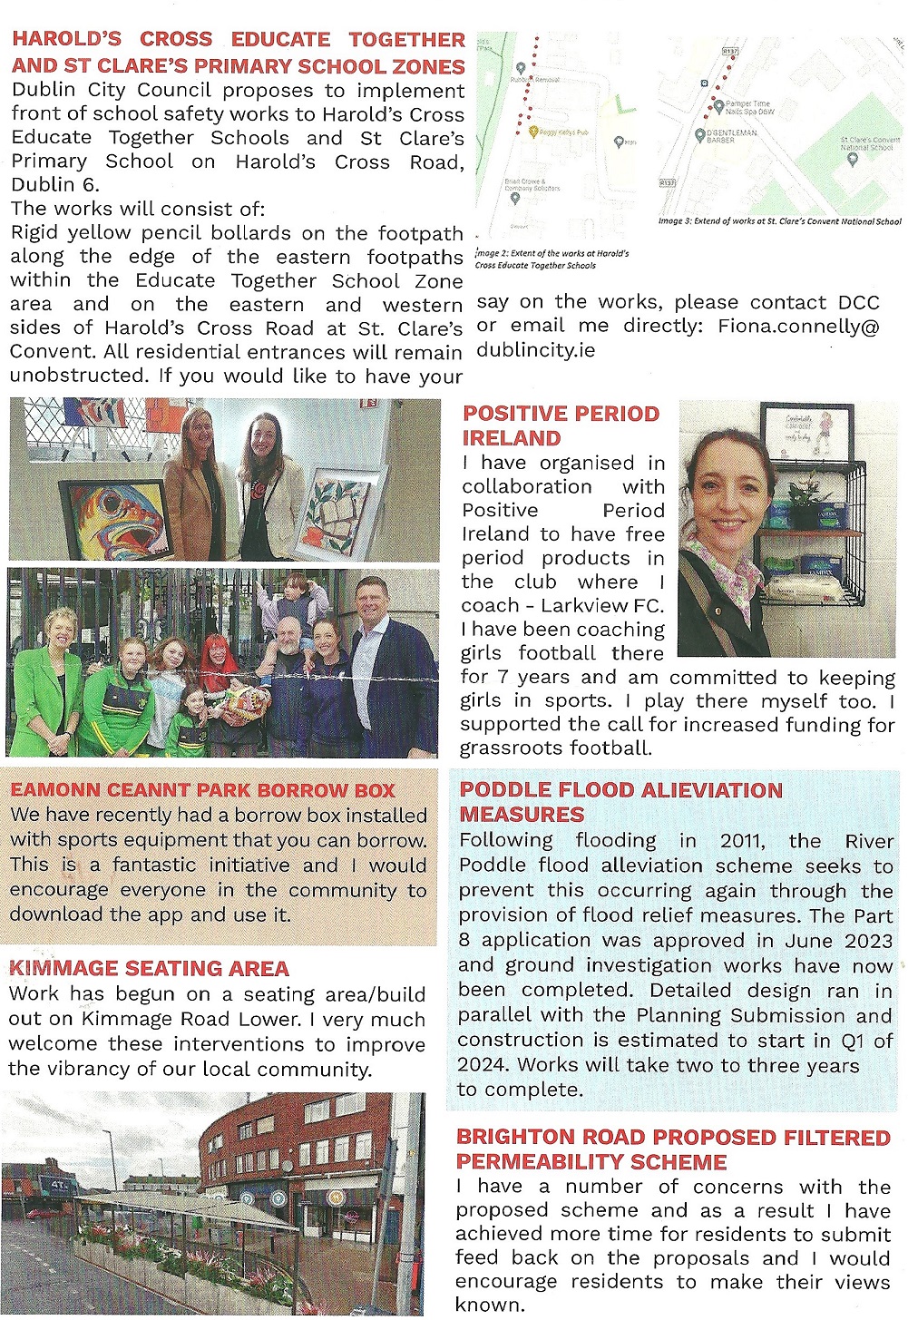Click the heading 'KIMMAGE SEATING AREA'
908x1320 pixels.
point(149,968)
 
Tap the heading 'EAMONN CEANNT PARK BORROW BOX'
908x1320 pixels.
point(203,790)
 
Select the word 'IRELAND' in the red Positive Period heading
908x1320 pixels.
point(512,438)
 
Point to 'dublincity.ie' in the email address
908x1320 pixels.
point(536,350)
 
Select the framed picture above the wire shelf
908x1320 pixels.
point(805,431)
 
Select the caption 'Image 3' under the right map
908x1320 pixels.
point(676,220)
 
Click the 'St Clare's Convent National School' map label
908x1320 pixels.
point(869,143)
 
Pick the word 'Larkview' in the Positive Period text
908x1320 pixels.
point(588,605)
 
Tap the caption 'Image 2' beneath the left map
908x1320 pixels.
point(493,254)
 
